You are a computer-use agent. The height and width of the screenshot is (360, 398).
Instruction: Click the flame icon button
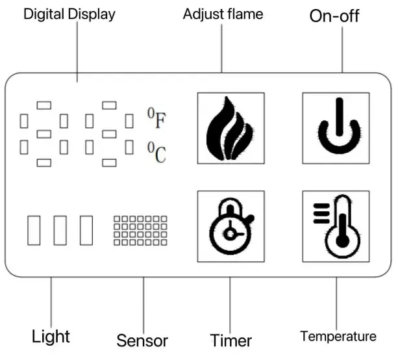coord(230,127)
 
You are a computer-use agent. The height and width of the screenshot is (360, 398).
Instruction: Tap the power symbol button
coord(336,127)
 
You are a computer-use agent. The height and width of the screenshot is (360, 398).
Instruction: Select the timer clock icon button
coord(230,227)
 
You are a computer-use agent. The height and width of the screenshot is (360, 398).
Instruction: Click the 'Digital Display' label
coord(69,14)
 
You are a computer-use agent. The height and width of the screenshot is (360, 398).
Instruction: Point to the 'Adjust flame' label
coord(223,14)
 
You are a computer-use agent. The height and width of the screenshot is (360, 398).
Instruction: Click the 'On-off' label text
coord(334,16)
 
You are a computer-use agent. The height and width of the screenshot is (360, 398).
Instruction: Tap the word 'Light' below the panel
coord(51,337)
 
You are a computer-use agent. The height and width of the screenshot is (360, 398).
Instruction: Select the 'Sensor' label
coord(142,340)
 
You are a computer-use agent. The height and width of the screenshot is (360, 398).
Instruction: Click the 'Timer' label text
coord(231,340)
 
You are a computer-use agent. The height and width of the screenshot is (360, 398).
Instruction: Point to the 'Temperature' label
coord(338,336)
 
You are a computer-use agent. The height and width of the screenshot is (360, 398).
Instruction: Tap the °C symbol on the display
coord(156,153)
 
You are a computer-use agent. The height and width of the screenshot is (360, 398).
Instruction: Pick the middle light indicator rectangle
coord(60,229)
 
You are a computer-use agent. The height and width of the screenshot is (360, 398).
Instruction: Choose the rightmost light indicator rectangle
coord(86,229)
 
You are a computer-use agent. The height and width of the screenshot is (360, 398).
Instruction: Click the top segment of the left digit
coord(44,104)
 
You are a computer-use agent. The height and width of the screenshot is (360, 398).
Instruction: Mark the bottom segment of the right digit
coord(110,162)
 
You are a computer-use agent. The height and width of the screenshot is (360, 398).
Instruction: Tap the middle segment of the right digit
coord(110,133)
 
